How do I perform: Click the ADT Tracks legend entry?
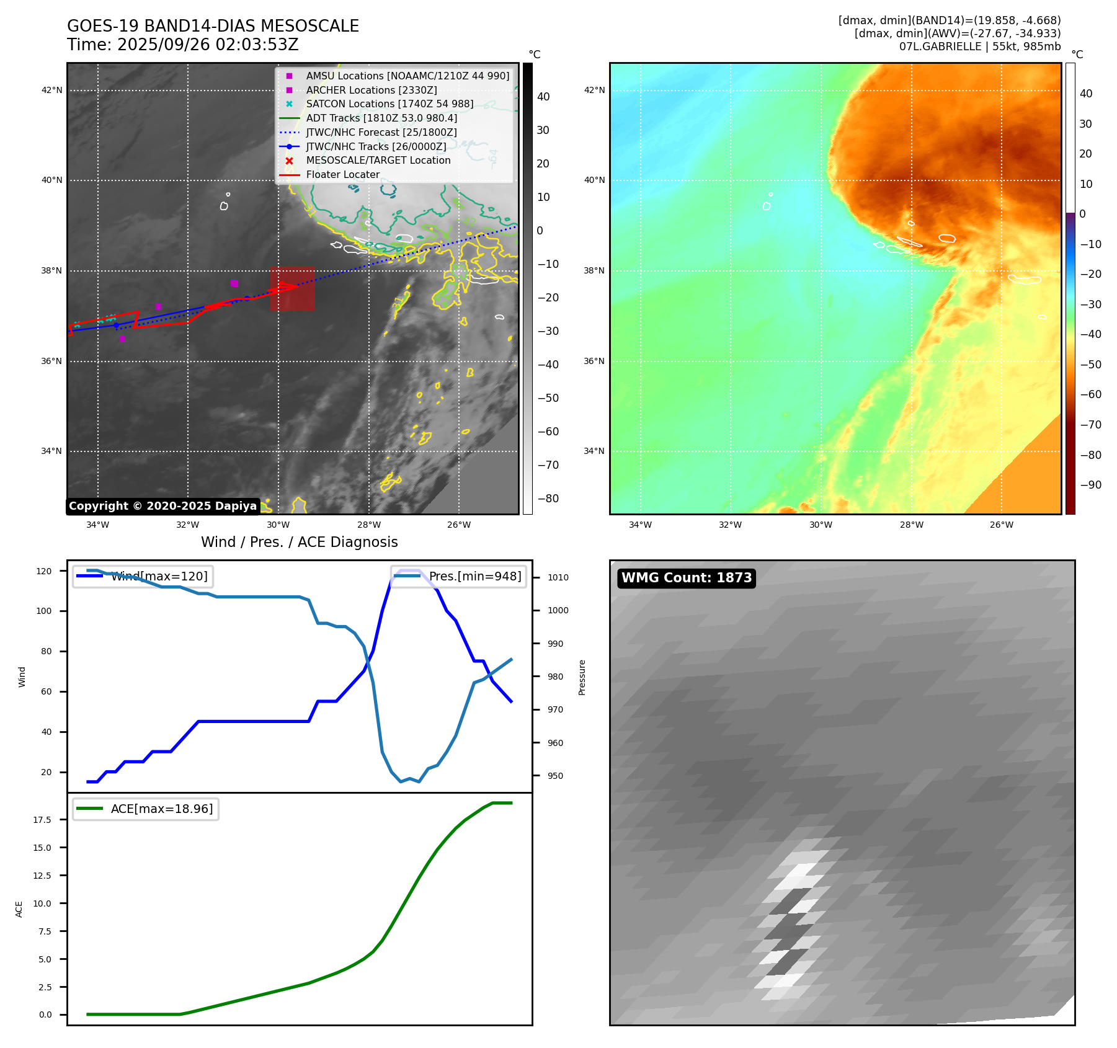(381, 118)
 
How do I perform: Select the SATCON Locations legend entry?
(389, 104)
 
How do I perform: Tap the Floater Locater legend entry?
(342, 175)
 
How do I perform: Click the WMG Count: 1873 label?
(686, 578)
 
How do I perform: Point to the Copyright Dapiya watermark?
(162, 506)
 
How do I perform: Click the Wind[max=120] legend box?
(143, 576)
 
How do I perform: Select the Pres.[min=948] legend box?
(458, 576)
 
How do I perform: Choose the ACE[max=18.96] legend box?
(146, 809)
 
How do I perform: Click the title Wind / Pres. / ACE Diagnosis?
(299, 542)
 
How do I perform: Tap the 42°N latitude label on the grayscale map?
(51, 90)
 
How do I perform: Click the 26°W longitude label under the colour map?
(1001, 525)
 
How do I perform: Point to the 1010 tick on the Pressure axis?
(558, 577)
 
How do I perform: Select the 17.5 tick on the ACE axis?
(42, 820)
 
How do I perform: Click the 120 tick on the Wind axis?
(44, 571)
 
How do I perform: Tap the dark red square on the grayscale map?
(292, 289)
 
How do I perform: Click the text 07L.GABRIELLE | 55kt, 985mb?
(979, 47)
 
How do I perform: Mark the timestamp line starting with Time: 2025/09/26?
(183, 45)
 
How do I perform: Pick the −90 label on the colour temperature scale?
(1090, 485)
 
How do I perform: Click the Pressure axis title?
(582, 677)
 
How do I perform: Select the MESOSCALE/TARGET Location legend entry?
(378, 160)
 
